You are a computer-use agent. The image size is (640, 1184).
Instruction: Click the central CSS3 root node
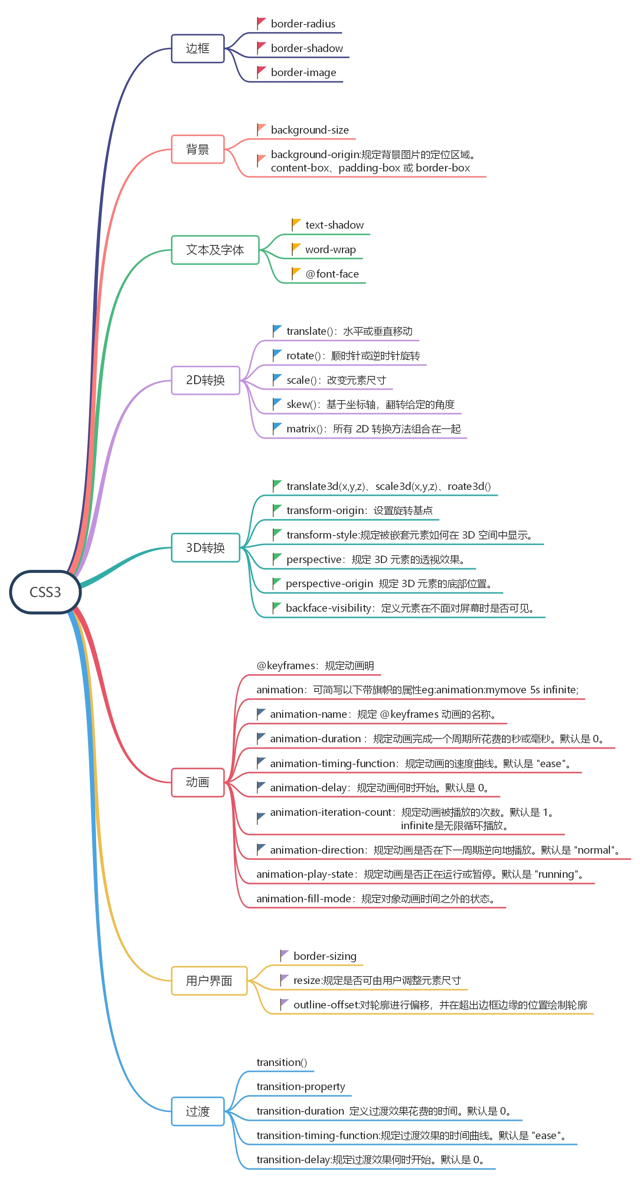tap(45, 592)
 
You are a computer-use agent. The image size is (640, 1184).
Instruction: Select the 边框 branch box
tap(198, 48)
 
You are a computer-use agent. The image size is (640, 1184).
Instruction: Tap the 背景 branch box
tap(198, 149)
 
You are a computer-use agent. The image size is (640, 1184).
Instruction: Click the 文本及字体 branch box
tap(215, 250)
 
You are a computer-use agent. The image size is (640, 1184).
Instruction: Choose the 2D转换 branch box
tap(206, 380)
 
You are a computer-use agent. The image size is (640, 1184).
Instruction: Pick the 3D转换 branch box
tap(206, 547)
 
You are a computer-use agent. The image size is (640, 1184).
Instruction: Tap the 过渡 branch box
tap(198, 1111)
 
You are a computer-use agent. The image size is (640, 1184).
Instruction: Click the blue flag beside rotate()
tap(277, 355)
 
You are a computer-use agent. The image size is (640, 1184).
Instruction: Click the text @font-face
tap(332, 274)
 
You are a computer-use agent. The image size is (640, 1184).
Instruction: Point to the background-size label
tap(310, 130)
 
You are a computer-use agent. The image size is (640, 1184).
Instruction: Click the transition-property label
tap(301, 1086)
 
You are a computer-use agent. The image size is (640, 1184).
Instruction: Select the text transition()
tap(281, 1062)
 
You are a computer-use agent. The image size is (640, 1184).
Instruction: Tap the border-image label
tap(303, 73)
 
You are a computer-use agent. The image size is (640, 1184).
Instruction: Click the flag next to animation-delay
tap(261, 787)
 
